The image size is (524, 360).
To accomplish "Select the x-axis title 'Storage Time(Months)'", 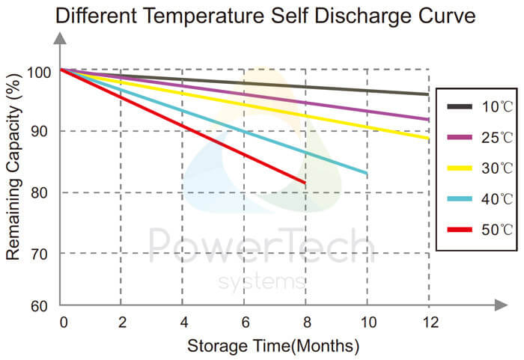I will click(x=273, y=346).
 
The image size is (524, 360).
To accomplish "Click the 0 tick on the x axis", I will click(x=63, y=323).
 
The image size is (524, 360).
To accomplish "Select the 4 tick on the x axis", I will click(x=182, y=323).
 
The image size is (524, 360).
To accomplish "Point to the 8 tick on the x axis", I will click(x=305, y=323).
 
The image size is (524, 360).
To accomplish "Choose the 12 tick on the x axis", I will click(x=427, y=323).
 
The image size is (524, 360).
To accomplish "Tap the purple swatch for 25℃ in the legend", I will click(x=459, y=138).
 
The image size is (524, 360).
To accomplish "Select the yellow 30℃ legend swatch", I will click(x=459, y=168).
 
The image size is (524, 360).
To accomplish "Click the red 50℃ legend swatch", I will click(x=459, y=230).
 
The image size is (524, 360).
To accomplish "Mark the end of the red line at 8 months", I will click(x=305, y=183).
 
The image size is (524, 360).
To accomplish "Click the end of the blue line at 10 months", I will click(x=366, y=174).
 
